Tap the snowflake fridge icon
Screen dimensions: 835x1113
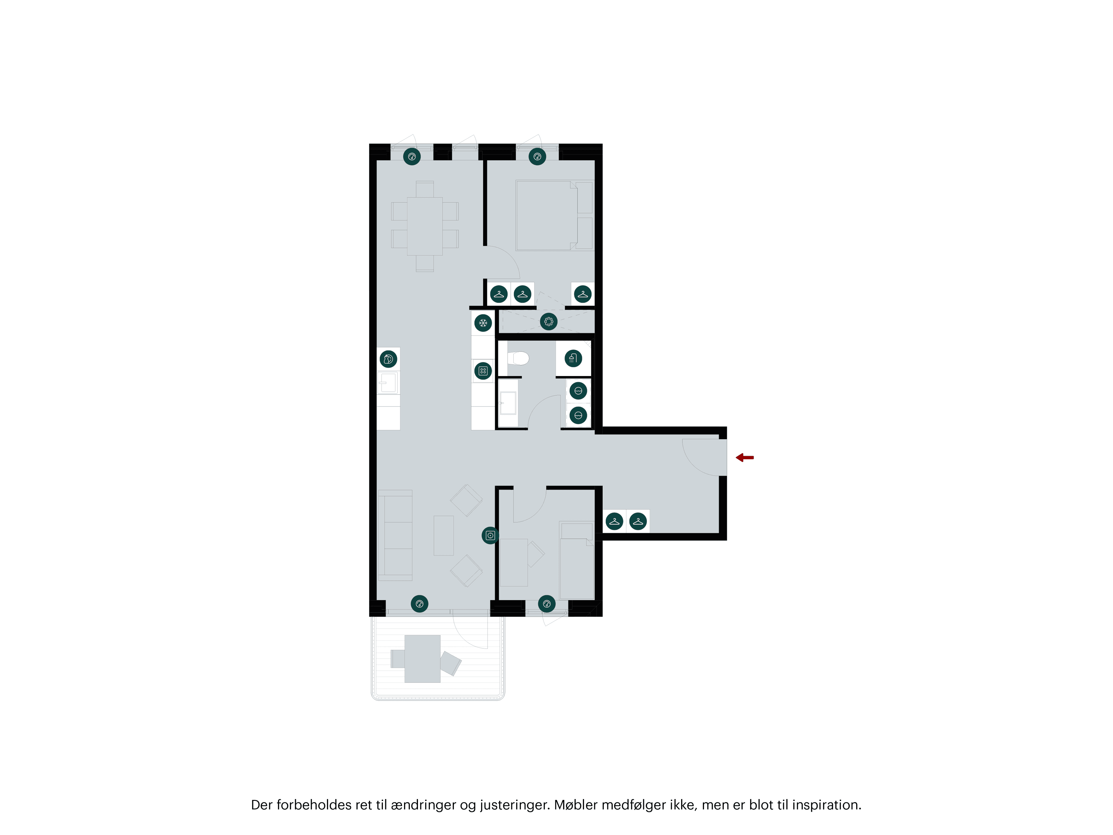coord(483,323)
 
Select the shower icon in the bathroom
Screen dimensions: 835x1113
coord(573,358)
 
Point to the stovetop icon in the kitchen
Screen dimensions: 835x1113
coord(483,371)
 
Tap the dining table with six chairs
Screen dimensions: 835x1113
coord(425,226)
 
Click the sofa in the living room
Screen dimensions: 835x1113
coord(395,535)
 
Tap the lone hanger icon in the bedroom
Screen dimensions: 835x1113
coord(583,294)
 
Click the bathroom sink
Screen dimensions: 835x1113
coord(508,403)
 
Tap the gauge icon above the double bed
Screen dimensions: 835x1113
coord(537,157)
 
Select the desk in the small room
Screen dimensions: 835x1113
coord(513,562)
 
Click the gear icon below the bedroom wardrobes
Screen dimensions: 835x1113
coord(548,321)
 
